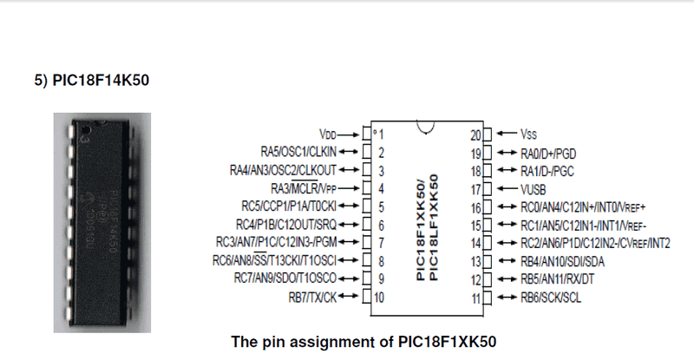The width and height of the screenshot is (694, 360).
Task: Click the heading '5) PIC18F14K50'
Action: coord(92,80)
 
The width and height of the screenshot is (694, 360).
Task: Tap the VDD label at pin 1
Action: coord(328,134)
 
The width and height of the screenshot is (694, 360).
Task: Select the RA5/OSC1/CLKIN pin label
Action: coord(298,152)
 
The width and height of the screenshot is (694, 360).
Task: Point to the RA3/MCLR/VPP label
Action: coord(304,188)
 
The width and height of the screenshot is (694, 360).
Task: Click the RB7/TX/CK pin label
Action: coord(312,298)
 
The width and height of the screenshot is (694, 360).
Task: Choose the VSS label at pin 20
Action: coord(528,134)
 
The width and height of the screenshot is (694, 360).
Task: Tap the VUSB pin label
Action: coord(533,189)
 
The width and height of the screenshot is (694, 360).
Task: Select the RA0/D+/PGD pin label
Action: coord(548,154)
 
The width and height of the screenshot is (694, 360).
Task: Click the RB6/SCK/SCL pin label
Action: coord(551,298)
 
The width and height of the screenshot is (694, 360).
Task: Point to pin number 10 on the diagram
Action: coord(379,298)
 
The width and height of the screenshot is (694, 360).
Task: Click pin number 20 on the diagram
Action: coord(475,134)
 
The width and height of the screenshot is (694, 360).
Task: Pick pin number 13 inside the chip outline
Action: coord(475,261)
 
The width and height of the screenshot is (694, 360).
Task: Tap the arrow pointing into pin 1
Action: coord(349,134)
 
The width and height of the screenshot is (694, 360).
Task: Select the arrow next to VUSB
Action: coord(507,189)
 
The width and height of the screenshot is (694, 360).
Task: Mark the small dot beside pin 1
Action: coord(375,132)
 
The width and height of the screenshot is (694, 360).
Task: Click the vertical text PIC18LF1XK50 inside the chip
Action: coord(434,227)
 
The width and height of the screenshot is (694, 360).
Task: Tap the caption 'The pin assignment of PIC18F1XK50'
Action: coord(363,342)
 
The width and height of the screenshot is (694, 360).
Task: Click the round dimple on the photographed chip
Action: coord(87,130)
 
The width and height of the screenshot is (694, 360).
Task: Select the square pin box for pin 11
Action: coord(488,298)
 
